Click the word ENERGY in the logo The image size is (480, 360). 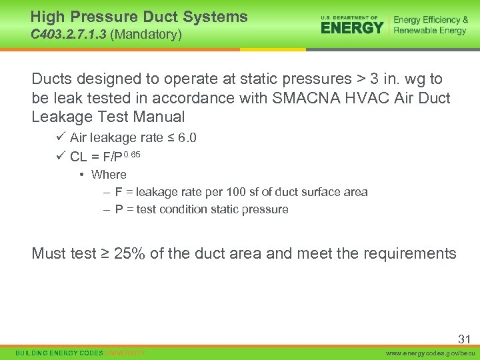(352, 27)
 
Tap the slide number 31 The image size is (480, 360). (464, 339)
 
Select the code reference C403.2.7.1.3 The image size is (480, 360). (69, 34)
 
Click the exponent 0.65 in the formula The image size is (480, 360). (131, 155)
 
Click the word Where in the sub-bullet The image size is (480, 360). (109, 175)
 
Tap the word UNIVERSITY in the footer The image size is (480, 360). (125, 353)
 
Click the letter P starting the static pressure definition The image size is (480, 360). (119, 209)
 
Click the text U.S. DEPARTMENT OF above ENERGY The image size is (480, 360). (349, 17)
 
